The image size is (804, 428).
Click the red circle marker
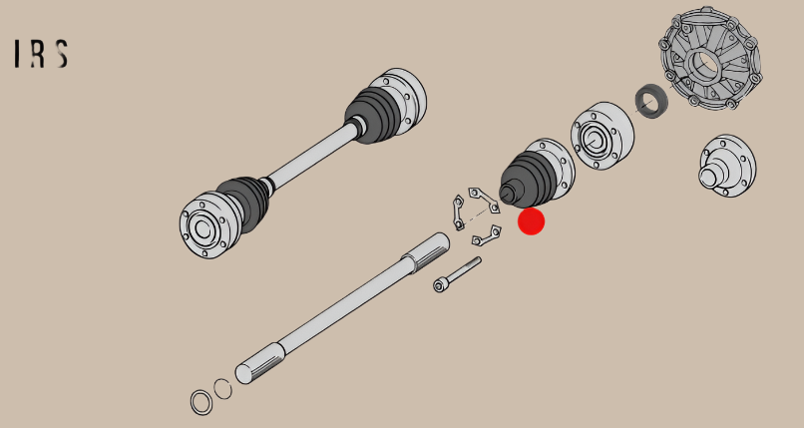(x=532, y=221)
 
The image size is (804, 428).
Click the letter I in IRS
(x=18, y=54)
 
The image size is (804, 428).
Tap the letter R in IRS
(x=38, y=54)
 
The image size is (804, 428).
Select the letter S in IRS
(x=62, y=54)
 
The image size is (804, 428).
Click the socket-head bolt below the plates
(x=457, y=274)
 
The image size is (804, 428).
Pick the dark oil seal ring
(x=651, y=101)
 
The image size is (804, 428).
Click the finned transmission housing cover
(x=710, y=58)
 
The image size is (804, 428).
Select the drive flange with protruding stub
(x=727, y=166)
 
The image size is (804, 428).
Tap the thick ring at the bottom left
(x=201, y=402)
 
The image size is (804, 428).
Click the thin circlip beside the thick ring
(x=222, y=389)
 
